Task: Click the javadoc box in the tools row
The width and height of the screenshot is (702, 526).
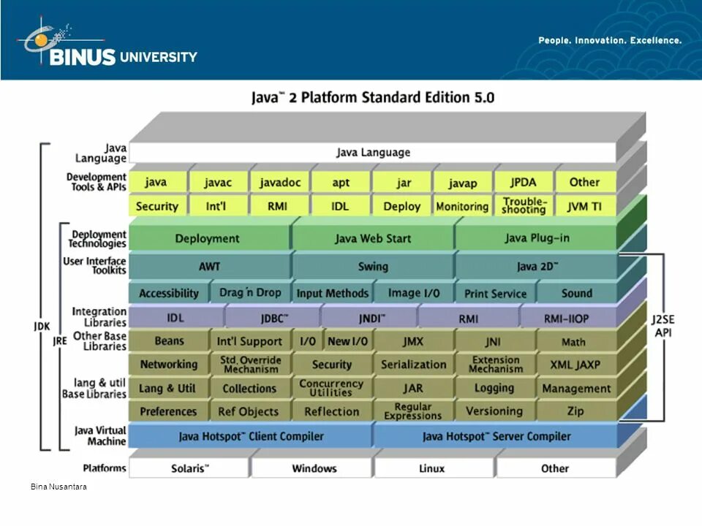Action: tap(280, 183)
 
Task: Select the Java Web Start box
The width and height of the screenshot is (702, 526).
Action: tap(373, 238)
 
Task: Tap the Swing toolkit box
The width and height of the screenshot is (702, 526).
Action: tap(373, 267)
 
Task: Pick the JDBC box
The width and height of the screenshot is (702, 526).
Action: tap(274, 319)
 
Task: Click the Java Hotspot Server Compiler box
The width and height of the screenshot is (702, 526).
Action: tap(496, 436)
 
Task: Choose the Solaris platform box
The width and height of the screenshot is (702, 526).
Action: tap(189, 468)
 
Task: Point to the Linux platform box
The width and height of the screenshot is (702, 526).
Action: tap(432, 468)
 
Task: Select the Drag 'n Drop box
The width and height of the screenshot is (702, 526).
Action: tap(250, 293)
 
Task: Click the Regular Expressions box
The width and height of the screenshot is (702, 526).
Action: tap(413, 411)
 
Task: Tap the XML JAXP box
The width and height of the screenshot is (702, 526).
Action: tap(576, 364)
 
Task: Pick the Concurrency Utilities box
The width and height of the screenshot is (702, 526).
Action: tap(331, 388)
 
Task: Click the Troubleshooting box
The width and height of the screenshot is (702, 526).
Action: tap(524, 206)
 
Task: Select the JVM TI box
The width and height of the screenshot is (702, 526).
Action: tap(584, 207)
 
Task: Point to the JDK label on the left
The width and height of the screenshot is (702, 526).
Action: tap(42, 327)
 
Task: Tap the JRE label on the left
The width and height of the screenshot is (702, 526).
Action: tap(60, 340)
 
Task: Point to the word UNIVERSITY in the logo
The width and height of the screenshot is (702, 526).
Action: tap(159, 57)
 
